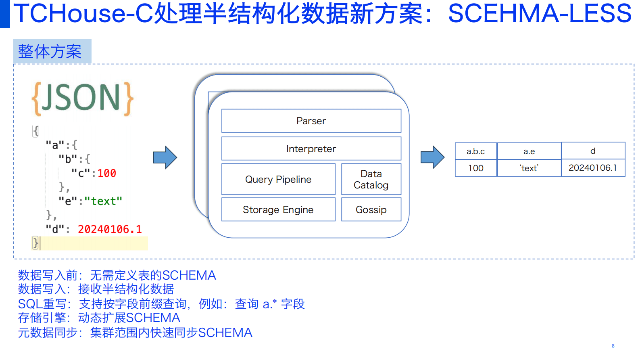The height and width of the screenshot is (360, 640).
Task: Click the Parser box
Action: (x=311, y=121)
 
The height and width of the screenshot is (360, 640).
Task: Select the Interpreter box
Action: (x=311, y=149)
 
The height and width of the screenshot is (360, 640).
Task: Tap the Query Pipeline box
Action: (x=278, y=179)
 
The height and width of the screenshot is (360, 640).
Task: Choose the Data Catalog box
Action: (x=371, y=179)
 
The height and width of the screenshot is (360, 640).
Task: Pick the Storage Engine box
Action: (x=278, y=209)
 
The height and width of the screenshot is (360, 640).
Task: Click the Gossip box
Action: (x=371, y=209)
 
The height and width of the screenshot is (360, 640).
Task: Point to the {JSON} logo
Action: (x=83, y=98)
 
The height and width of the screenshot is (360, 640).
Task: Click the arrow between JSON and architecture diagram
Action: (x=165, y=157)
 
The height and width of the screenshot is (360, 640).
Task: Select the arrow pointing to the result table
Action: (x=432, y=157)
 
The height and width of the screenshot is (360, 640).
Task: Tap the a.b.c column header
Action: (x=476, y=151)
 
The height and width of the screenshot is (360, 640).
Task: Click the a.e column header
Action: (x=529, y=151)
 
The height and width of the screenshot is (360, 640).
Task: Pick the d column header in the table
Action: (x=593, y=151)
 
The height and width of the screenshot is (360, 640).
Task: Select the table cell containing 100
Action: (x=476, y=168)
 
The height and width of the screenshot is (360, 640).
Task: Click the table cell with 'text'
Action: (x=529, y=168)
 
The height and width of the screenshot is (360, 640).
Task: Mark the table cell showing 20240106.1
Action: (x=593, y=167)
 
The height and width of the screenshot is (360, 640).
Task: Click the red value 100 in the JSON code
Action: (x=107, y=173)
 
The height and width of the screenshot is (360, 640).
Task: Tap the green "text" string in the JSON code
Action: (x=103, y=201)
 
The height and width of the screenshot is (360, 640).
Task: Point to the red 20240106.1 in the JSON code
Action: (x=110, y=229)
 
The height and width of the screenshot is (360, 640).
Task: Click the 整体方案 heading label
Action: (x=50, y=51)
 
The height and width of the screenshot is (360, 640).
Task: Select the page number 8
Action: (x=613, y=346)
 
